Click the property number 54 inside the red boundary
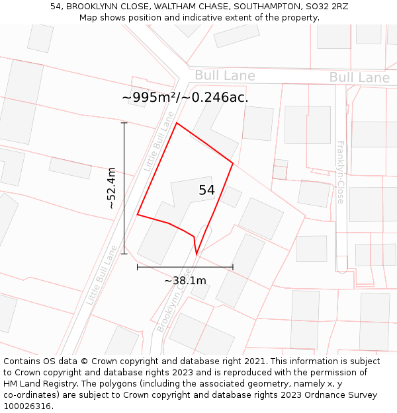tap(206, 190)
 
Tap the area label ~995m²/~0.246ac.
tap(185, 97)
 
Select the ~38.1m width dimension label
tap(185, 280)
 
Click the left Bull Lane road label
tap(224, 75)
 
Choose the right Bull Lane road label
tap(359, 78)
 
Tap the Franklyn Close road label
tap(341, 172)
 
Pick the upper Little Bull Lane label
tap(159, 141)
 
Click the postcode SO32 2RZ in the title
tap(326, 7)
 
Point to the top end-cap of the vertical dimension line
tap(124, 123)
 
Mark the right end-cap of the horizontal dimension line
tap(233, 267)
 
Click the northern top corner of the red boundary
tap(177, 123)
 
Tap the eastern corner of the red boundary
tap(233, 163)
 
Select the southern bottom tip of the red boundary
tap(197, 253)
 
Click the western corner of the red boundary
tap(138, 214)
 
